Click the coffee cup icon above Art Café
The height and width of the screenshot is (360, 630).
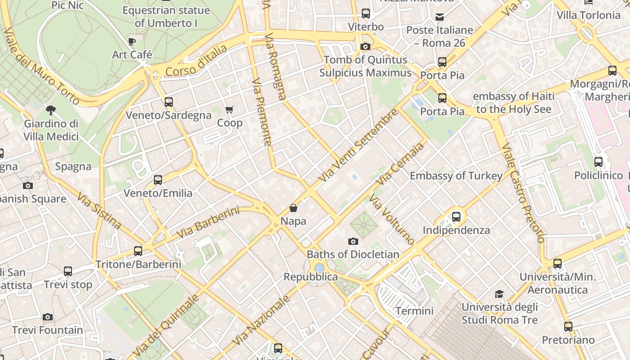pos(132,42)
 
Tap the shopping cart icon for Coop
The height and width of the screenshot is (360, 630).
pos(229,109)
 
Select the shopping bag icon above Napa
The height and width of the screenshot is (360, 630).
pos(293,208)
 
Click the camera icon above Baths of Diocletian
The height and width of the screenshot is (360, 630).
pos(353,242)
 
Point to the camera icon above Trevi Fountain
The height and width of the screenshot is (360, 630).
pos(48,317)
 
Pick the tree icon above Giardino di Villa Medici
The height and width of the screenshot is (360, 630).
pos(51,110)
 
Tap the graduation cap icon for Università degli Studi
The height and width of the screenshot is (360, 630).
pos(499,294)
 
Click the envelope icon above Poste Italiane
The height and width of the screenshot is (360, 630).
pos(440,17)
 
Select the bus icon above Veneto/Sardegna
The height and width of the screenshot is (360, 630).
pos(169,102)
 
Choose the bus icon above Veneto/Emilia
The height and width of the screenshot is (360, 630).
pos(158,180)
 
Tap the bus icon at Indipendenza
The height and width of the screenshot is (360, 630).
pos(456,217)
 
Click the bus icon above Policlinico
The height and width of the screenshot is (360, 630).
pos(598,162)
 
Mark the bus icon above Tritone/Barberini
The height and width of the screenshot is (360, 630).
pos(138,251)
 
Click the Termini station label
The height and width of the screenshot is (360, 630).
pos(414,311)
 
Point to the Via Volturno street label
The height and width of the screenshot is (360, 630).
pos(391,220)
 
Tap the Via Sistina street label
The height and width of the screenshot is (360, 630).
pos(99,211)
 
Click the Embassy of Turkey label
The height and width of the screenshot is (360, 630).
pos(456,175)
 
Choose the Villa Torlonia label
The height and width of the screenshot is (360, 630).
pos(588,15)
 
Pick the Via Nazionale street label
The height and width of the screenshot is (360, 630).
pos(263,320)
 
